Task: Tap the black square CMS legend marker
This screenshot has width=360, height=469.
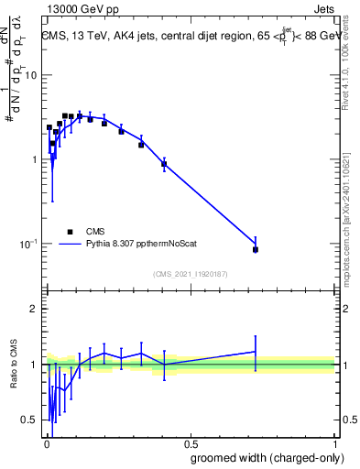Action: pyautogui.click(x=70, y=232)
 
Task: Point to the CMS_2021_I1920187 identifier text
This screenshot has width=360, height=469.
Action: pyautogui.click(x=190, y=274)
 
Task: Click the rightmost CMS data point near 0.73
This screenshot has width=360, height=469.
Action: pyautogui.click(x=256, y=249)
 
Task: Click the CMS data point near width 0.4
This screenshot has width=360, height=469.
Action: pyautogui.click(x=164, y=164)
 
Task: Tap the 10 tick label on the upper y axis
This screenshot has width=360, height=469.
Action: pyautogui.click(x=31, y=75)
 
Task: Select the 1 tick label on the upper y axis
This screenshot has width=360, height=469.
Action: pyautogui.click(x=34, y=159)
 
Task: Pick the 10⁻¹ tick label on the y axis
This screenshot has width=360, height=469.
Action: pyautogui.click(x=29, y=244)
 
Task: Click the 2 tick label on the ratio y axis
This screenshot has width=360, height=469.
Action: pyautogui.click(x=34, y=309)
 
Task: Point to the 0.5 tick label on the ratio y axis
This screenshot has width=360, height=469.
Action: pyautogui.click(x=30, y=420)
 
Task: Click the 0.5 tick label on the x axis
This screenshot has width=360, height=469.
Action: pyautogui.click(x=190, y=443)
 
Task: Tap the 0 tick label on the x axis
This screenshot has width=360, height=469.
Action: pyautogui.click(x=46, y=443)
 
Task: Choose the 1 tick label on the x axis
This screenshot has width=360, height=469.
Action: pyautogui.click(x=334, y=443)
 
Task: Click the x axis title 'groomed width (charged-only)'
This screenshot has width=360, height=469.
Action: pyautogui.click(x=267, y=457)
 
